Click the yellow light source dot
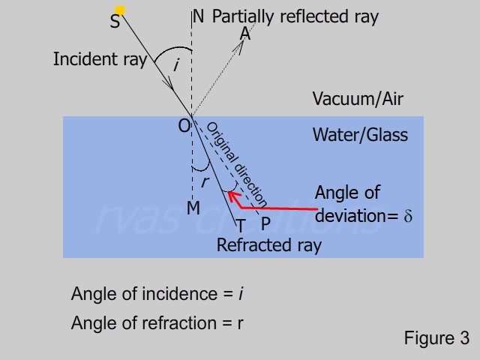(x=119, y=10)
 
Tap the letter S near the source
(x=115, y=22)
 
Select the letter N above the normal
(x=198, y=16)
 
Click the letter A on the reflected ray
(x=245, y=34)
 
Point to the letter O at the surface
(x=184, y=127)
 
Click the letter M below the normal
(x=193, y=208)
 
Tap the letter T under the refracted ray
(x=241, y=225)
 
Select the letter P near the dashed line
(x=265, y=224)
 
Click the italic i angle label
(x=175, y=66)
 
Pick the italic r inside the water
(x=204, y=181)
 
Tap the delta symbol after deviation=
(x=409, y=216)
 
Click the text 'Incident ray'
(x=100, y=59)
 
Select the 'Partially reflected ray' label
(x=295, y=16)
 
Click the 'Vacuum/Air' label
(x=352, y=99)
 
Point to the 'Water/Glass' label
(x=360, y=135)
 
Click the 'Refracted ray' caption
(x=268, y=245)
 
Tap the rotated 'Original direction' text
(x=236, y=163)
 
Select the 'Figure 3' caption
(x=436, y=338)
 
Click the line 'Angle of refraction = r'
(x=157, y=323)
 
